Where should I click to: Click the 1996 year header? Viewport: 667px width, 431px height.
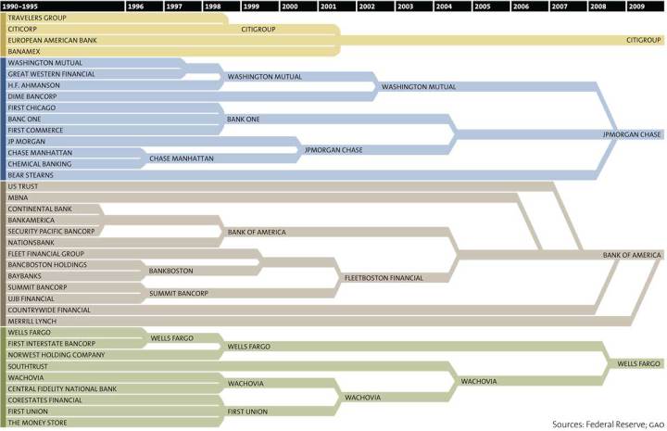click(135, 6)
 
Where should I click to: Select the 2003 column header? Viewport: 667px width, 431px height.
click(405, 6)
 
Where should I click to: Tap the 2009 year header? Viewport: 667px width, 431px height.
click(636, 6)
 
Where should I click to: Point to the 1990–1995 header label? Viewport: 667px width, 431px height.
click(19, 6)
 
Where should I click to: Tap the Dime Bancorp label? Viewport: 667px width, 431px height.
click(32, 96)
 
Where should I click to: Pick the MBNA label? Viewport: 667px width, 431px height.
click(19, 197)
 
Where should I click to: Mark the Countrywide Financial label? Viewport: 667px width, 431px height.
click(49, 310)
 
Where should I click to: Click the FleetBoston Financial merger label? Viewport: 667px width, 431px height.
click(384, 277)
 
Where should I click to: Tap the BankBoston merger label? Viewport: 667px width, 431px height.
click(170, 271)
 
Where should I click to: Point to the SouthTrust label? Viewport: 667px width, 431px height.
click(29, 366)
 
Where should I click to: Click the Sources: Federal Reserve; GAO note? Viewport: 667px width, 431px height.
click(603, 424)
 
